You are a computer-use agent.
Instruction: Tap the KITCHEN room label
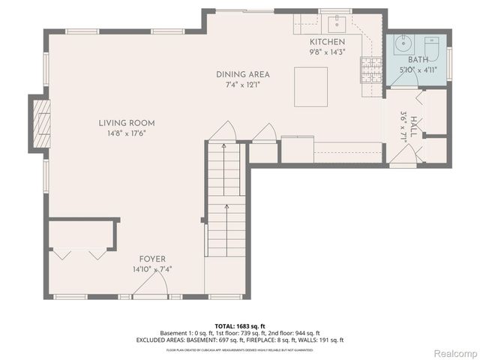click(x=328, y=43)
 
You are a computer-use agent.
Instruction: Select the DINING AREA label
click(x=242, y=74)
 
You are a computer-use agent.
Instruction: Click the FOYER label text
click(x=153, y=259)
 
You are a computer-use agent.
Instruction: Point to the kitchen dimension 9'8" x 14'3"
click(x=328, y=52)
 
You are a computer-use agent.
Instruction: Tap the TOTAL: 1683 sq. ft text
click(x=240, y=326)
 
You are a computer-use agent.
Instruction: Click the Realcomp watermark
click(x=455, y=352)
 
